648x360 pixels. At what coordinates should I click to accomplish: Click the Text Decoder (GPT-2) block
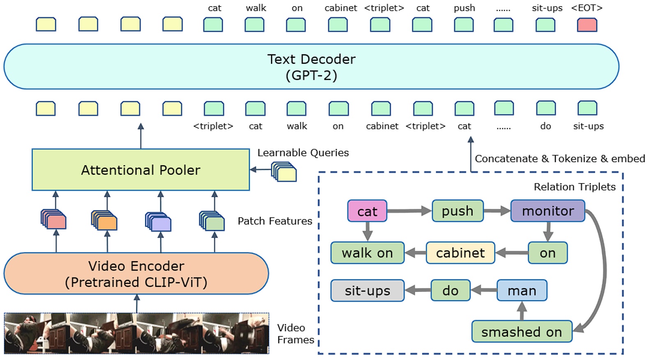pos(311,66)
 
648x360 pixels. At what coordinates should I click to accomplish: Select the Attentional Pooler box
pos(140,170)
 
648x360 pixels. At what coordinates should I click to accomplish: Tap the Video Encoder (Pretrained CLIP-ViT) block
pos(136,274)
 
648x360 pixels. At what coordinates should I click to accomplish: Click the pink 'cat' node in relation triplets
pos(367,211)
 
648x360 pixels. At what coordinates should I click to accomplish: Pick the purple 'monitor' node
pos(547,211)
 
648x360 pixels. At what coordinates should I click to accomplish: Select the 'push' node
pos(457,211)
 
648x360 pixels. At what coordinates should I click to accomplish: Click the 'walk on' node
pos(367,253)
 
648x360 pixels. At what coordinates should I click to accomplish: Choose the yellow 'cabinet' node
pos(460,253)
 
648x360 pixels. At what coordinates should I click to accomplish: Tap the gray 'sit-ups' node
pos(367,291)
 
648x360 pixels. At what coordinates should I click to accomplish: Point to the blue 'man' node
pos(522,291)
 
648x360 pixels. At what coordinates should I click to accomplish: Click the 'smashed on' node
pos(522,332)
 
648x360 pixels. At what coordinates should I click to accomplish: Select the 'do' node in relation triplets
pos(450,291)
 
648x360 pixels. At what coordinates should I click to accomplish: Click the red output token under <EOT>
pos(587,25)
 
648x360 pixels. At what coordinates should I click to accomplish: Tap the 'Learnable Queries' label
pos(303,153)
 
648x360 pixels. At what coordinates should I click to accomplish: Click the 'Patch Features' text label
pos(275,221)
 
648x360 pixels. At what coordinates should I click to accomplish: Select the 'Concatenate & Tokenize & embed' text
pos(560,159)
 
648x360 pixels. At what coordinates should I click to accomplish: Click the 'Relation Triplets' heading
pos(574,187)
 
